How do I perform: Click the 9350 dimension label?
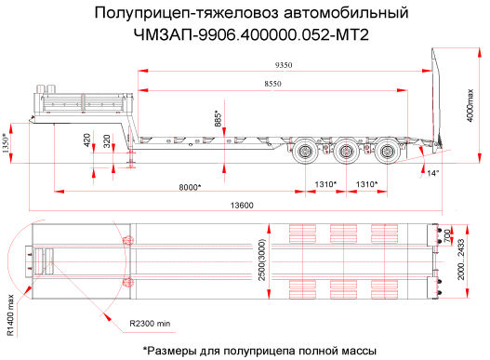284,65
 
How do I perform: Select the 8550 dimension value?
272,84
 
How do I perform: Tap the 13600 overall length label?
242,206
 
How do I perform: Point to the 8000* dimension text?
190,187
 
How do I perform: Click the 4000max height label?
470,105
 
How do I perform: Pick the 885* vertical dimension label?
218,118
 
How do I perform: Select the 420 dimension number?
86,140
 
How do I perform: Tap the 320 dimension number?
107,141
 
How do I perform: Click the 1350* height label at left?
6,143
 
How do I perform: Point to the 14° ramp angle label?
433,173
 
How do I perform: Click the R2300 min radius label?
150,324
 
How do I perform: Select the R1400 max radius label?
11,315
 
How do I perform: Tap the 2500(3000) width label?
262,260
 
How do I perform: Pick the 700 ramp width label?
447,235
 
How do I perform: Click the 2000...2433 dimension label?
461,260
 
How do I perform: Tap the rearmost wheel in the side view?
387,153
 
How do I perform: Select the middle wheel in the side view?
346,153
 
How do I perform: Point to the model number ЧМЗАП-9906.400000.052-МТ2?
251,35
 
